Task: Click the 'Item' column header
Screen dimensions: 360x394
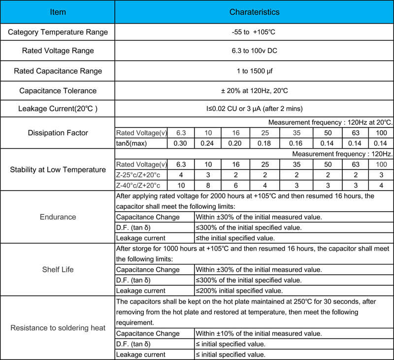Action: [x=58, y=12]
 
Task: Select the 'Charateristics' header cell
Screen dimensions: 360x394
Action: [x=254, y=12]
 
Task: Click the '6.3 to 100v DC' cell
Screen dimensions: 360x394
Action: [x=254, y=51]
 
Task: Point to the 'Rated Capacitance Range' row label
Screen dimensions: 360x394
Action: [x=58, y=71]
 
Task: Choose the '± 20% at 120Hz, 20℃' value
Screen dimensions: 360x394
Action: [x=254, y=91]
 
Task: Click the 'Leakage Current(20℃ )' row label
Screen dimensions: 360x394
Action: [x=58, y=108]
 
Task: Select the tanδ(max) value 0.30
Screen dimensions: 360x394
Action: [x=181, y=143]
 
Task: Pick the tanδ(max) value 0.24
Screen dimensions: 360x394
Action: [x=207, y=143]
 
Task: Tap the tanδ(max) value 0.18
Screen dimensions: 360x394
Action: [x=264, y=143]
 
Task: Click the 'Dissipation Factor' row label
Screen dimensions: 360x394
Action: [x=58, y=132]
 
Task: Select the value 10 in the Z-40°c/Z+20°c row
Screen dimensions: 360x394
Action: [x=181, y=185]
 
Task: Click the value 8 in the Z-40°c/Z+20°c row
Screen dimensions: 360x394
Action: [x=207, y=185]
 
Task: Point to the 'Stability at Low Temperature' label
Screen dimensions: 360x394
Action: [x=58, y=170]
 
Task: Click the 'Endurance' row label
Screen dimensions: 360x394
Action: [x=58, y=217]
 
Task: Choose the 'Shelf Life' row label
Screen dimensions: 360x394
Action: [x=58, y=269]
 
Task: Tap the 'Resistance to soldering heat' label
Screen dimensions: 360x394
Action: [x=58, y=328]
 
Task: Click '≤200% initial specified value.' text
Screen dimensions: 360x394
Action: [x=239, y=291]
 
